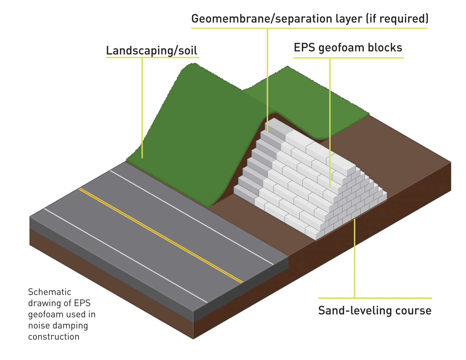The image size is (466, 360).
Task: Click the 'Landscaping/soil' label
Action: point(151,50)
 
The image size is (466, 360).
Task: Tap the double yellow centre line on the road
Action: point(161,236)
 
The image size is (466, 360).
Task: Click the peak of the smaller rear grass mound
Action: point(287,67)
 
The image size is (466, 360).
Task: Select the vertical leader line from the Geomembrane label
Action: point(267,79)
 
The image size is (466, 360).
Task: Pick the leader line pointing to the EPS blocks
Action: point(330,136)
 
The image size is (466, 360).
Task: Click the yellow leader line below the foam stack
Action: point(354,258)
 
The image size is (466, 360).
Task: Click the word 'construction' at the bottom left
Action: point(54,337)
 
